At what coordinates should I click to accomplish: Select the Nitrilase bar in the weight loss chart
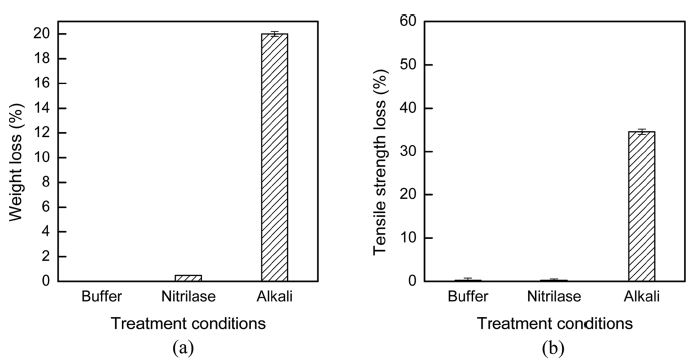point(188,278)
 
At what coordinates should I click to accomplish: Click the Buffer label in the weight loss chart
point(104,297)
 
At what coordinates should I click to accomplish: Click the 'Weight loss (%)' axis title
point(14,150)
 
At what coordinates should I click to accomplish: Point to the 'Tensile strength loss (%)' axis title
point(380,150)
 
